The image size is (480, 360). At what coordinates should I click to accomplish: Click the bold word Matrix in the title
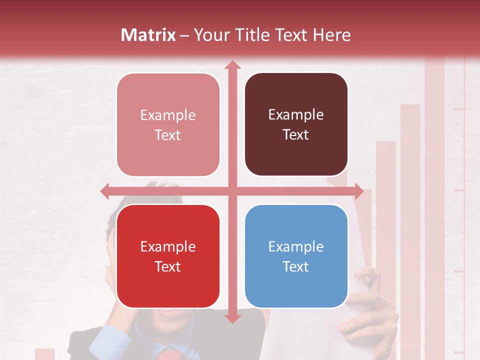pos(148,35)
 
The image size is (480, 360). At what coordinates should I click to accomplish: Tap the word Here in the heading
pos(331,35)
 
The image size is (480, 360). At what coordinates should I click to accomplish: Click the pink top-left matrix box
pos(168,124)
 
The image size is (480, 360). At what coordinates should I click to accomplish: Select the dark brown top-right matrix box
pos(296,124)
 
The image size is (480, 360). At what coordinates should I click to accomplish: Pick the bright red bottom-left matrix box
pos(168,256)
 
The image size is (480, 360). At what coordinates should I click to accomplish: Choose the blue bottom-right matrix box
pos(296,256)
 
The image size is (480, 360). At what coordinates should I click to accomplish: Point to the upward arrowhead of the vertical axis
pos(232,64)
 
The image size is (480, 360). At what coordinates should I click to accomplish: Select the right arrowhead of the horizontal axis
pos(358,191)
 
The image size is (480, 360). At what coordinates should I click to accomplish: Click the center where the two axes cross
pos(232,191)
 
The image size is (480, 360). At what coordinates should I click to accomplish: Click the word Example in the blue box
pos(296,246)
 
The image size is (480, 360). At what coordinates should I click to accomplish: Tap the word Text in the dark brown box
pos(296,135)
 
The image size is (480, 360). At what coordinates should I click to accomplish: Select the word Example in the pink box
pos(168,115)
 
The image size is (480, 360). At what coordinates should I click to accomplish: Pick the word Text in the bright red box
pos(168,266)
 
